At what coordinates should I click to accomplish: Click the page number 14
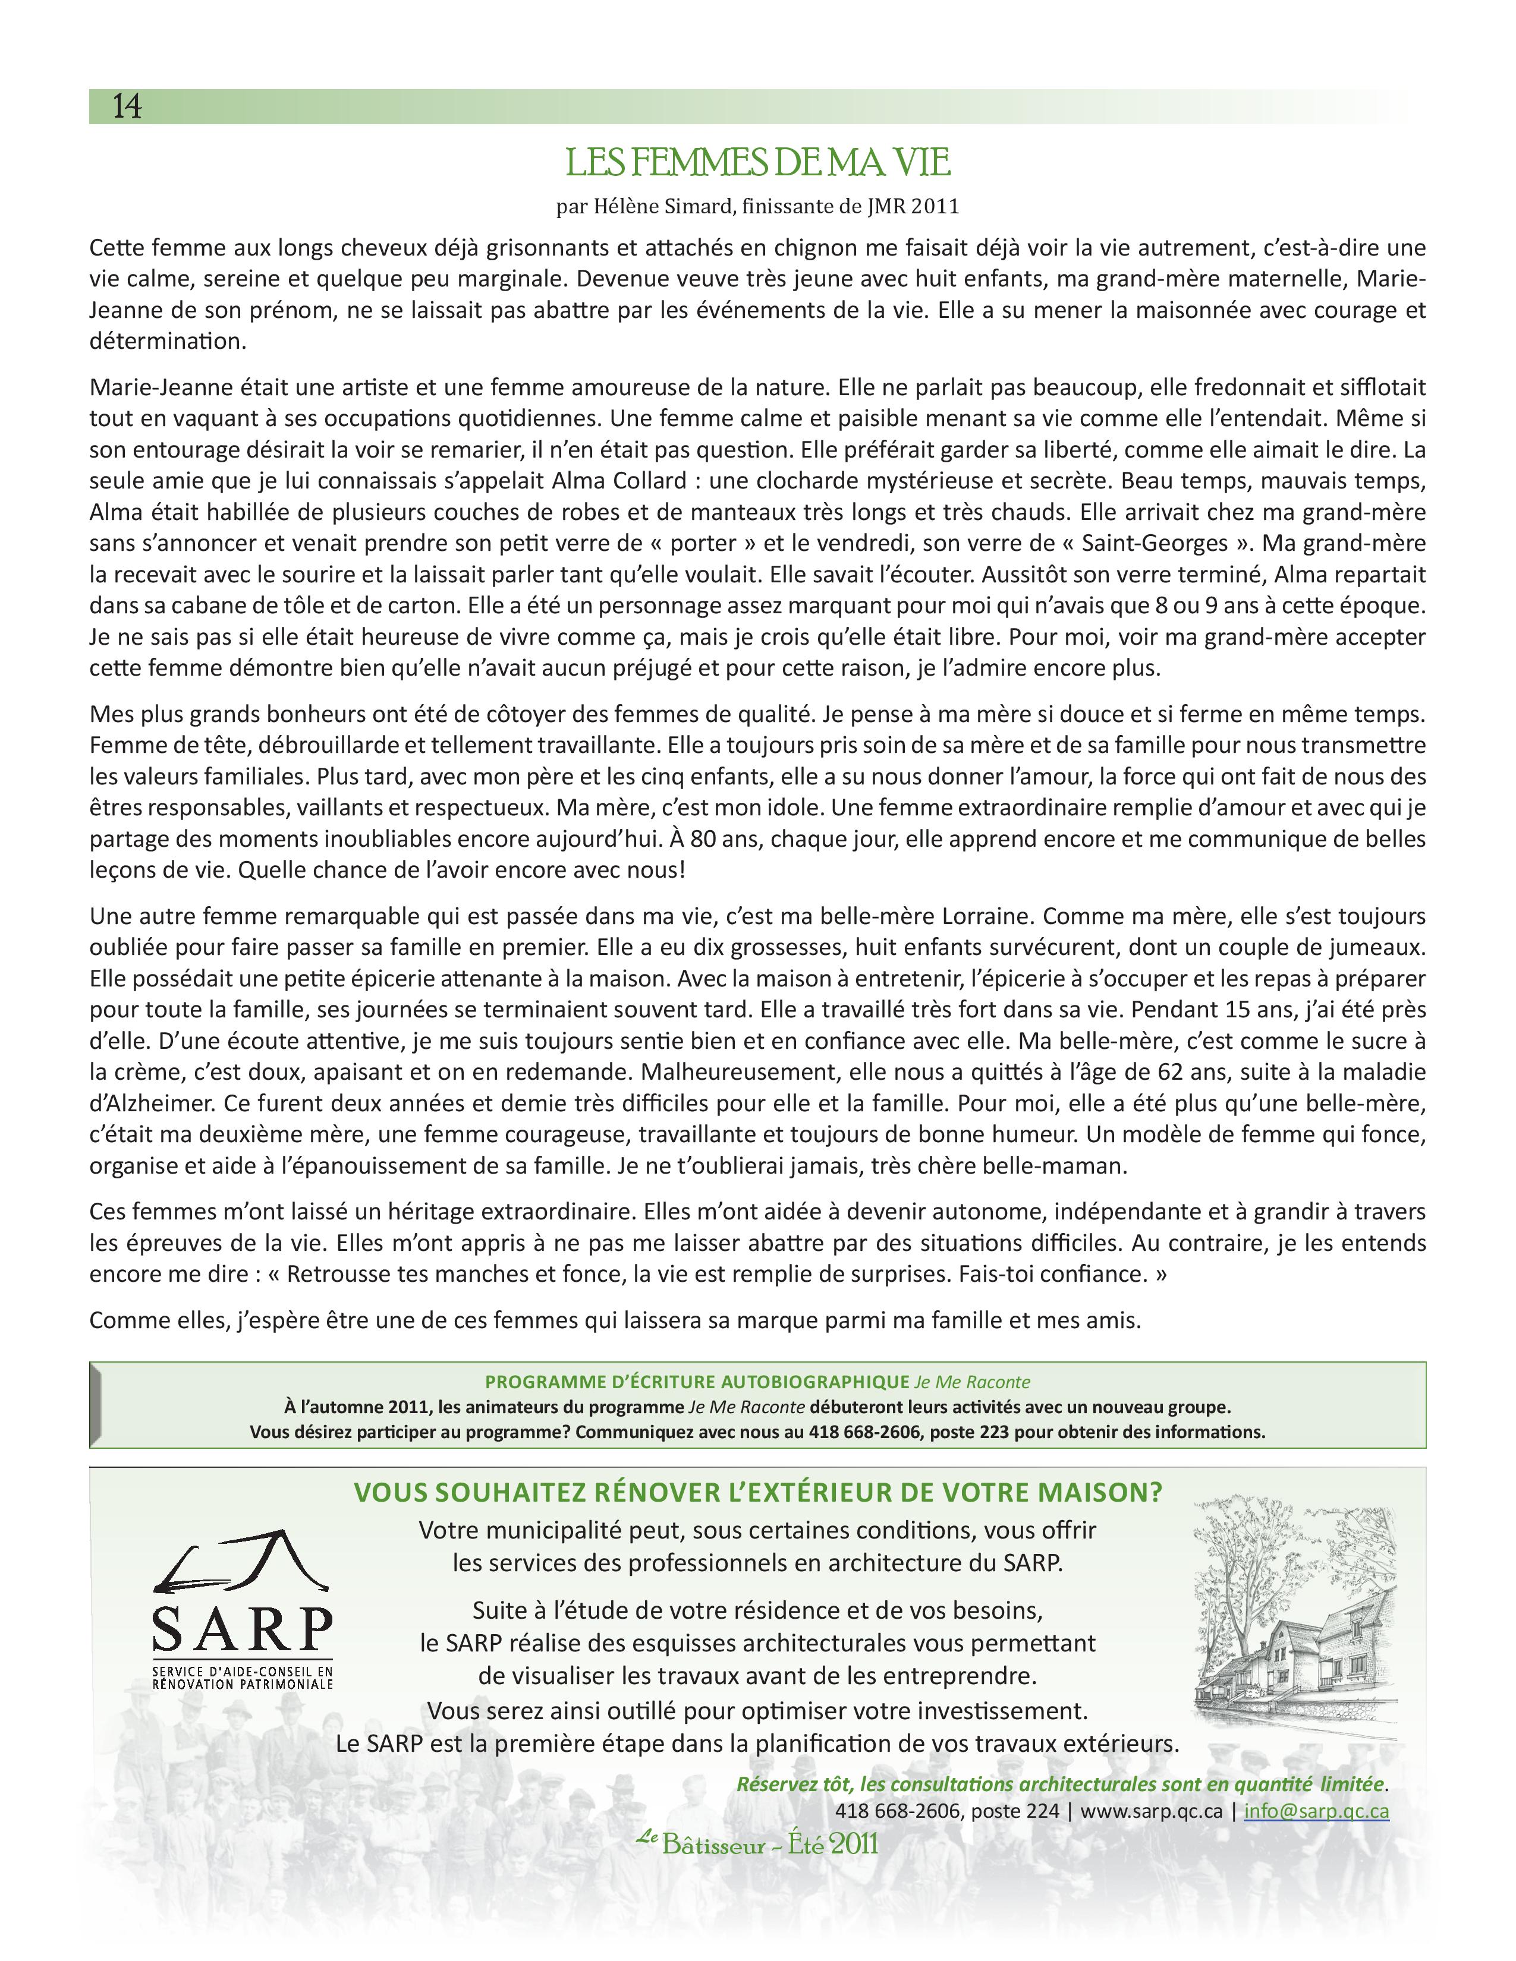pos(127,107)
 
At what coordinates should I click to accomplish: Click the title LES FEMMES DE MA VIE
pos(757,162)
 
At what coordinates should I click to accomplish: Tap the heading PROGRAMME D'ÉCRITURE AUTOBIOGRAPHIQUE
pos(698,1382)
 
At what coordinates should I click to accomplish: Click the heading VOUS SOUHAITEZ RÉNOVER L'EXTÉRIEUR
pos(757,1492)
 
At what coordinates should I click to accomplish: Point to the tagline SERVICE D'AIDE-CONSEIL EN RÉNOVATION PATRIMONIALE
pos(243,1678)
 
